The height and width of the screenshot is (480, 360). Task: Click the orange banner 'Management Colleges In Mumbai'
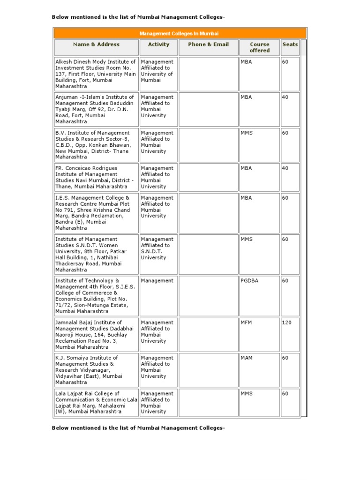180,34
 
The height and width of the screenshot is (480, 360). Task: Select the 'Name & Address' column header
96,45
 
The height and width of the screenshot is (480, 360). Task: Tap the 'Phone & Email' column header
208,45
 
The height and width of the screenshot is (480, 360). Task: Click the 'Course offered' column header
259,47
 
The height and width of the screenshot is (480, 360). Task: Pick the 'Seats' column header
290,45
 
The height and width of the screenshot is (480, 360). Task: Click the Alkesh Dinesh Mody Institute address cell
96,74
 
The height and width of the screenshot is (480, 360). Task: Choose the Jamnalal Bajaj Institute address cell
96,335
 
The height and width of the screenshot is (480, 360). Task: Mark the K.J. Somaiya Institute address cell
96,370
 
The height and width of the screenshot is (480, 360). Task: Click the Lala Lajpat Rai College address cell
96,403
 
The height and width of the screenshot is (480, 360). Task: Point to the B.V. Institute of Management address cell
96,145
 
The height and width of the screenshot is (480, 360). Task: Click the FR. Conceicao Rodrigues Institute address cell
96,177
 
